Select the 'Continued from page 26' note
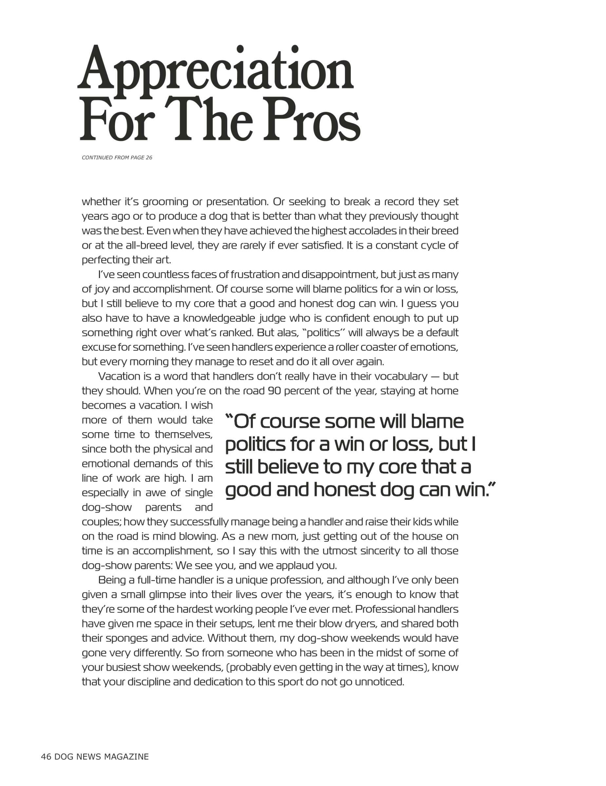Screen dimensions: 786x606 [117, 158]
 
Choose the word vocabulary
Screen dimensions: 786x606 [400, 376]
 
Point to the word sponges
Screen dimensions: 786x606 [125, 638]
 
